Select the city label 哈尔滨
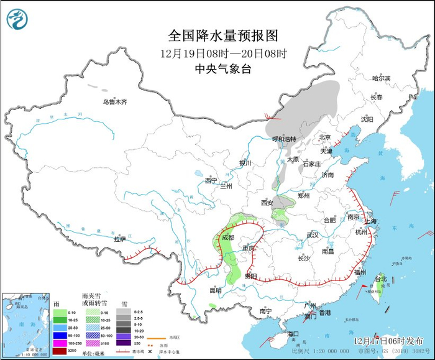pos(381,78)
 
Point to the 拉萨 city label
pos(120,239)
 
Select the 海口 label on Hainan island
pos(293,334)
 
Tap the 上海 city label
pos(370,221)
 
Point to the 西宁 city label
pos(211,181)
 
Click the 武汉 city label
pos(312,235)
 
